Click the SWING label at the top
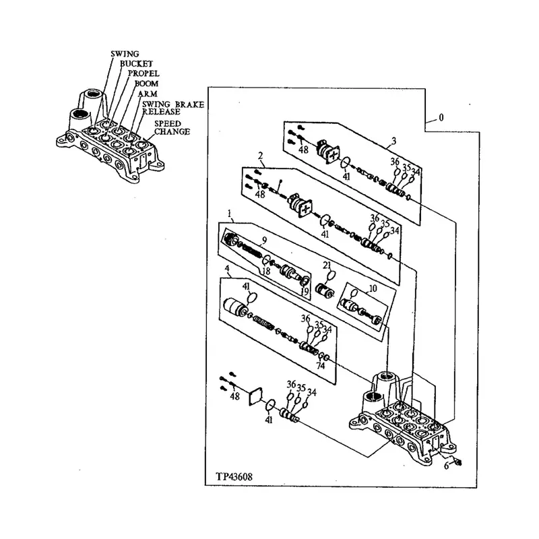(125, 53)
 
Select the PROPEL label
(144, 73)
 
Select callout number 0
(441, 117)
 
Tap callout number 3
(392, 142)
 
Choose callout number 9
(265, 239)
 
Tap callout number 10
(373, 288)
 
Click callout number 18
(266, 271)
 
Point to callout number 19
(305, 291)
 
